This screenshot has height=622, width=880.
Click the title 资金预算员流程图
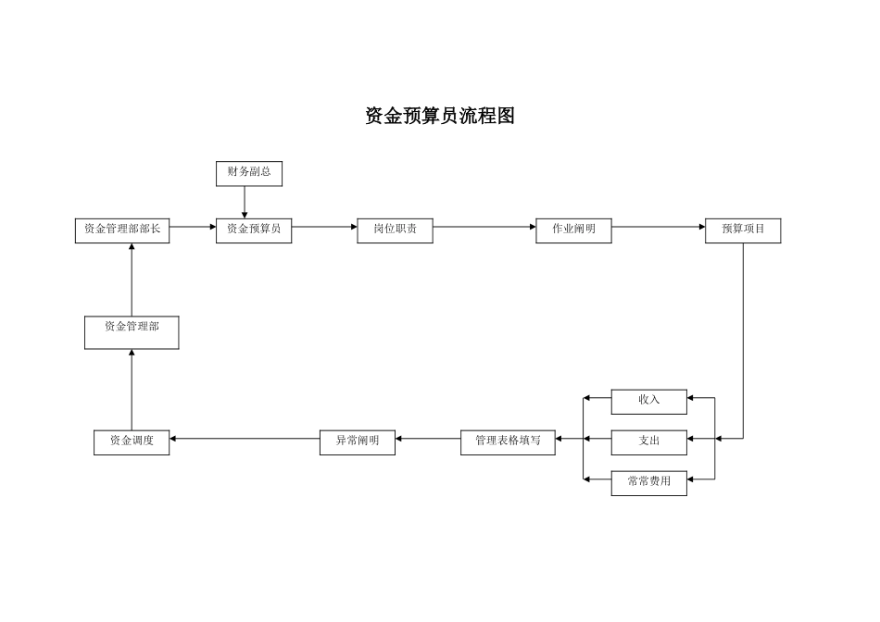[x=439, y=117]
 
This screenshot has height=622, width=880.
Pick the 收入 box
[x=649, y=401]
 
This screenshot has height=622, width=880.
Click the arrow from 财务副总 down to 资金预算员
[x=245, y=202]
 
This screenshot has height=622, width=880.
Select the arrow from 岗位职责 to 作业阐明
[x=484, y=226]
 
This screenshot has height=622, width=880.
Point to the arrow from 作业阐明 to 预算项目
[x=658, y=226]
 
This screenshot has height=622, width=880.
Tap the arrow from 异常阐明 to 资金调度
[x=245, y=439]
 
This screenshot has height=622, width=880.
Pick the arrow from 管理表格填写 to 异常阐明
[x=427, y=439]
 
